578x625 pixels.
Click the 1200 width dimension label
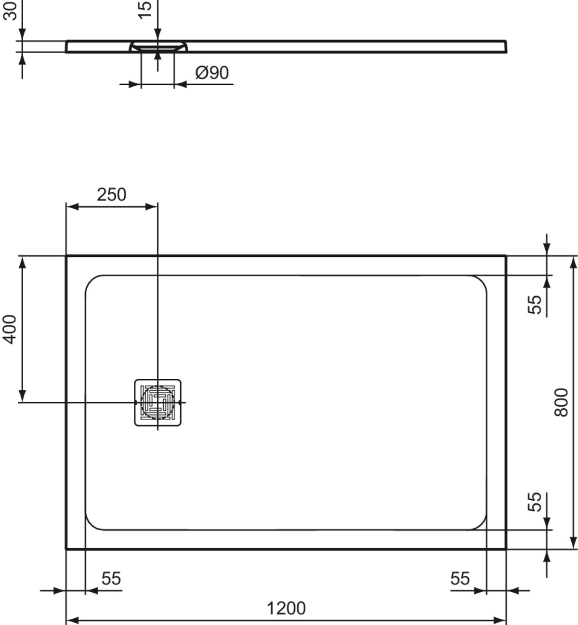(x=286, y=608)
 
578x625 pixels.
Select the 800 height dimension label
(x=561, y=402)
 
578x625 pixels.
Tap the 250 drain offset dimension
(x=111, y=195)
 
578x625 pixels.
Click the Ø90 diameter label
(x=212, y=73)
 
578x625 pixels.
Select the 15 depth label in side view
(x=145, y=10)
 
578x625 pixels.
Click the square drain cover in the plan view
(x=158, y=402)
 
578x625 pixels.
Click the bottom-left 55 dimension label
(x=111, y=578)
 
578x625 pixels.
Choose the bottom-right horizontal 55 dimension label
(x=460, y=578)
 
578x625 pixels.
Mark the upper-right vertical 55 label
(x=535, y=305)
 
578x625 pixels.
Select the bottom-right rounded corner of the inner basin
(x=481, y=525)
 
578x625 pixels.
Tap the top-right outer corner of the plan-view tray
(x=506, y=256)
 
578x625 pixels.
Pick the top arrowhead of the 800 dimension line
(x=573, y=263)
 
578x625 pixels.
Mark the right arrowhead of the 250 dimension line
(x=151, y=207)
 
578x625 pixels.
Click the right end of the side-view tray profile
(x=506, y=46)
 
